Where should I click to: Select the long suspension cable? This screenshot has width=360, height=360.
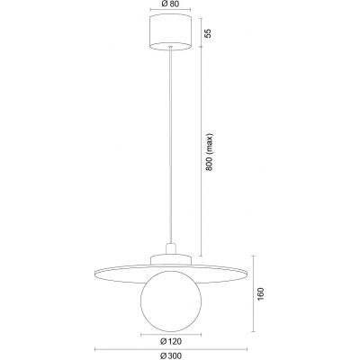[168, 144]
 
